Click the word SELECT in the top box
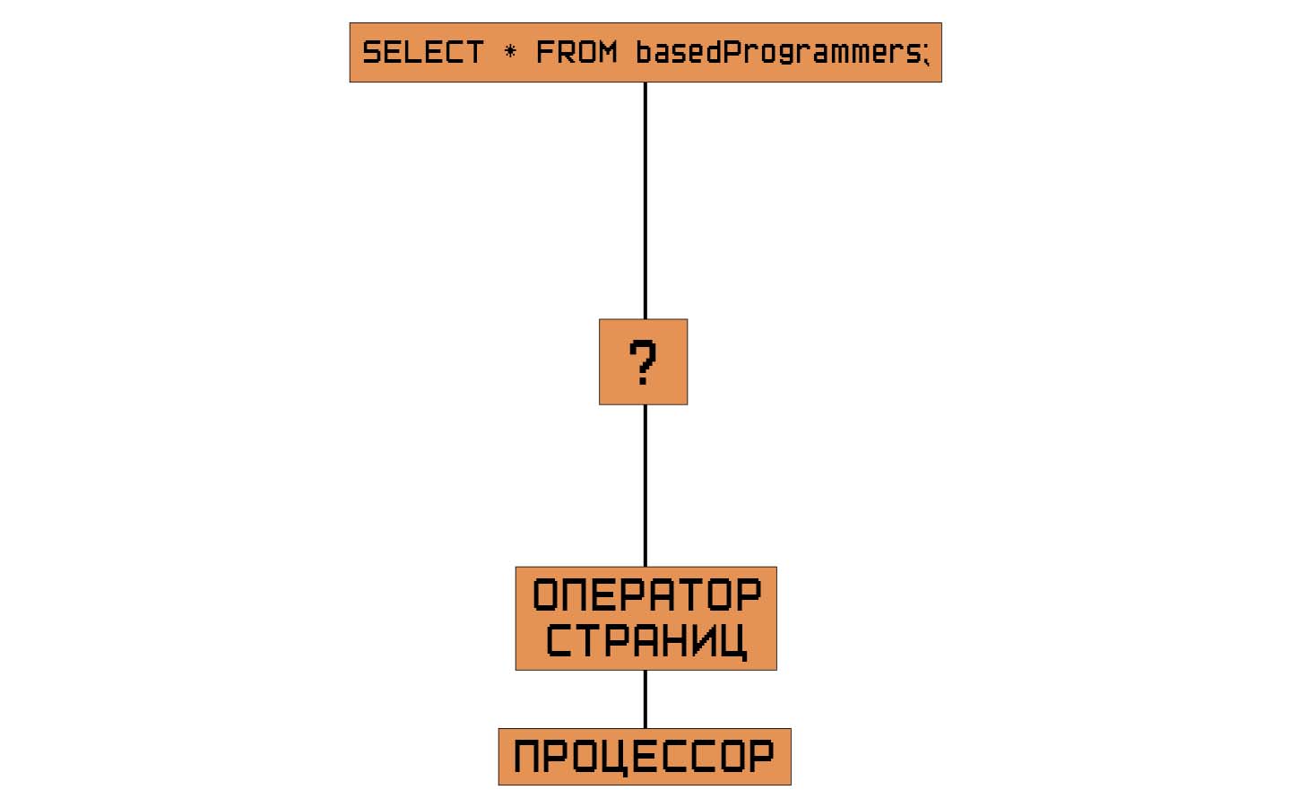pos(422,52)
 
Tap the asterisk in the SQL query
pos(510,51)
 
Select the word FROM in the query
pos(576,52)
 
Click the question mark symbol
pos(643,362)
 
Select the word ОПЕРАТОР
pos(646,595)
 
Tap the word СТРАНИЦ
pos(646,640)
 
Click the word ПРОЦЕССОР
pos(645,756)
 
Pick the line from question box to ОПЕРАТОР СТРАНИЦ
pos(645,485)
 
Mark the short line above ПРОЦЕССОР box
pos(645,699)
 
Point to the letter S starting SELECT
pos(371,52)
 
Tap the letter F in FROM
pos(544,52)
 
